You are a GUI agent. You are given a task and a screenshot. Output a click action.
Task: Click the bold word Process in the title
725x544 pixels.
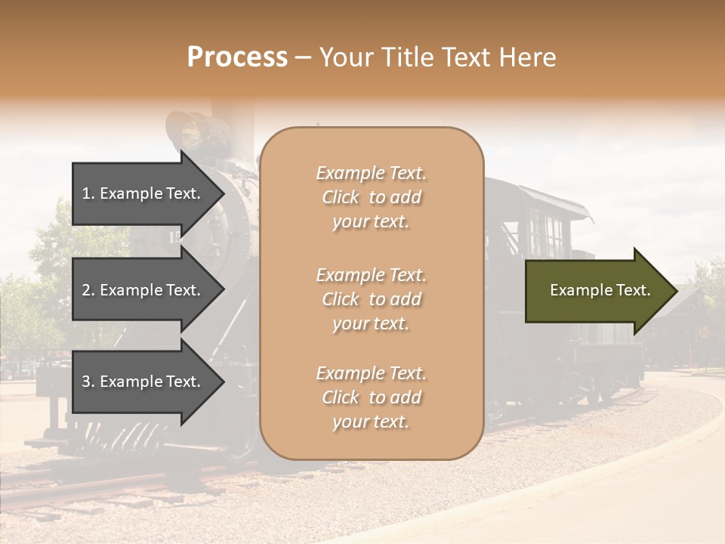237,57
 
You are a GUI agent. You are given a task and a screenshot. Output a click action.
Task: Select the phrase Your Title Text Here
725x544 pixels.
437,57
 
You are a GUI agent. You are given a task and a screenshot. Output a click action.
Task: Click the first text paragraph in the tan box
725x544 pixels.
371,197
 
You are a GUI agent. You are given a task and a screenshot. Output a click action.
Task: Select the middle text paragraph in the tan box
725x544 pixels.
371,299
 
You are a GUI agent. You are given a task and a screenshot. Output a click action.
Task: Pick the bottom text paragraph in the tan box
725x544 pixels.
371,397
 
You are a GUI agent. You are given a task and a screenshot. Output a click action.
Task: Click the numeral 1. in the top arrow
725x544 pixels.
88,193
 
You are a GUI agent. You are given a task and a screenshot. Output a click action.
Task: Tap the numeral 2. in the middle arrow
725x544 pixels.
88,290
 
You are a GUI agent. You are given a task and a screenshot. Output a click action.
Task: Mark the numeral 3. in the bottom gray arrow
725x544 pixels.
88,382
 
